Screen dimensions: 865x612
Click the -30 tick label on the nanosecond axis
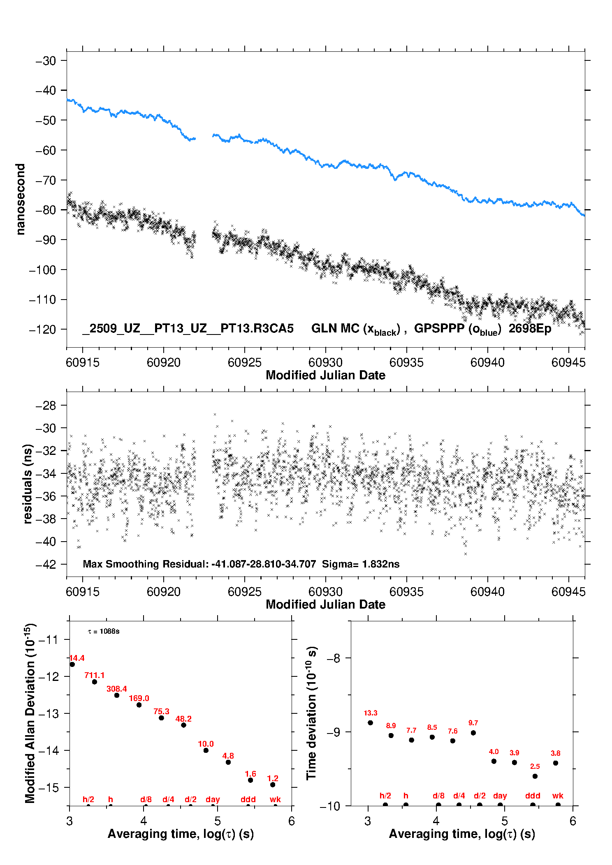46,61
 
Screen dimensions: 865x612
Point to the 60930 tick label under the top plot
325,362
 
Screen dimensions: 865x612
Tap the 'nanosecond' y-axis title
21,199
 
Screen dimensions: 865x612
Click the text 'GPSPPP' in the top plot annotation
439,328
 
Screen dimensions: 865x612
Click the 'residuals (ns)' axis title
28,484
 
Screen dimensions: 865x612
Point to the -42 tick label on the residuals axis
46,564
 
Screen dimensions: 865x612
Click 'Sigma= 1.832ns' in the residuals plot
360,564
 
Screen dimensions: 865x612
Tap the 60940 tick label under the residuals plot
487,592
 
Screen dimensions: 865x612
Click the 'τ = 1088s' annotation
104,631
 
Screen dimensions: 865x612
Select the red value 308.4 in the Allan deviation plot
116,689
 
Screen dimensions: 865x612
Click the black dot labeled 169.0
139,705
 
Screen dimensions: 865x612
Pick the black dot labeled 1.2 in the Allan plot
273,784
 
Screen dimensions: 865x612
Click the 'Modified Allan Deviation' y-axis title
30,713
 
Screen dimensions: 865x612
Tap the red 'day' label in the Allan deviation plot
213,799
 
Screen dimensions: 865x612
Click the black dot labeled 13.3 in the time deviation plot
371,723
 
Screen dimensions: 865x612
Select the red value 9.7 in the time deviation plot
473,723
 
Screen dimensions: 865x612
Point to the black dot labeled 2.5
535,776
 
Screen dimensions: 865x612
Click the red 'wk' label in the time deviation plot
558,796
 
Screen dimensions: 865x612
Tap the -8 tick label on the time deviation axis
336,658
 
